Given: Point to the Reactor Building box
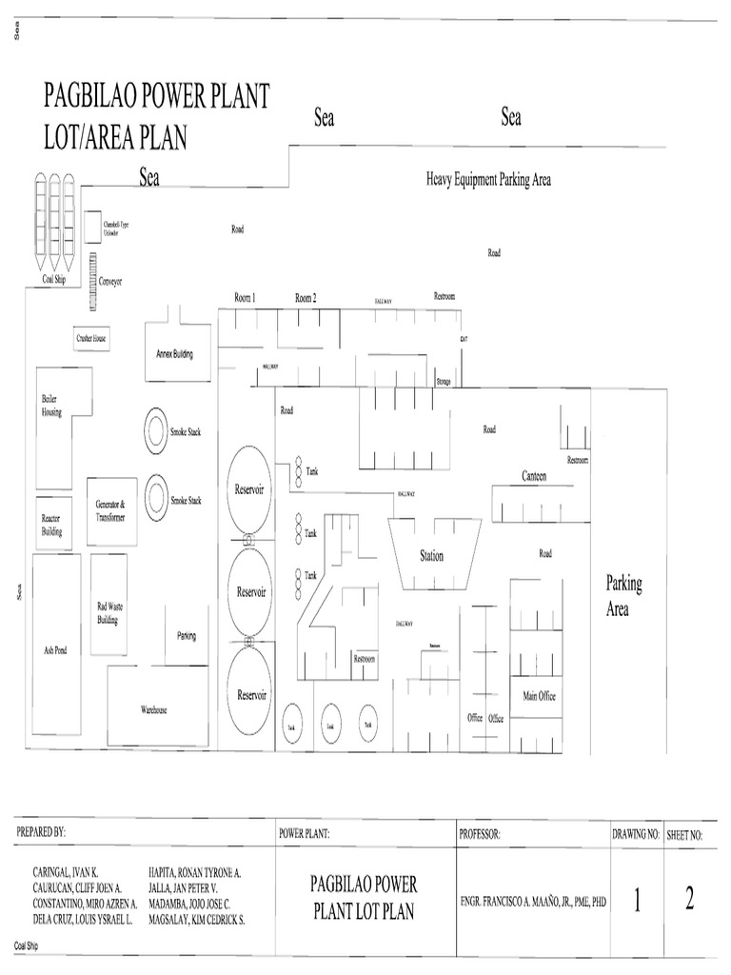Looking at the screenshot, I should (51, 525).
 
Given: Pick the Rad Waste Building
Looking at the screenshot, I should (109, 611).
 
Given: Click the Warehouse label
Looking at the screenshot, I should (154, 710).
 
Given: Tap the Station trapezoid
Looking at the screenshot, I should (431, 556).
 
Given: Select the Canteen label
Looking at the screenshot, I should (533, 476).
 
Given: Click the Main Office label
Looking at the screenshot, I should (539, 696).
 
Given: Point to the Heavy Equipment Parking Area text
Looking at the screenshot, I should (488, 179).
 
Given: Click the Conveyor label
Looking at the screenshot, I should (110, 282).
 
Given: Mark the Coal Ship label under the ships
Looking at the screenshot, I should (53, 279).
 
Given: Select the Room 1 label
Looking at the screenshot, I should (245, 298).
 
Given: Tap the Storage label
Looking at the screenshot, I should (443, 381).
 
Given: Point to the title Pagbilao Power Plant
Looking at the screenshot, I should (157, 96).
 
